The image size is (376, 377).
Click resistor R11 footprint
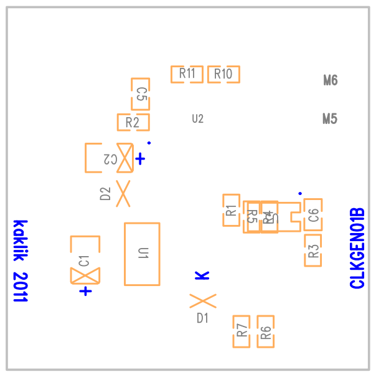click(187, 74)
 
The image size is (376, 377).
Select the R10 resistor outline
click(223, 75)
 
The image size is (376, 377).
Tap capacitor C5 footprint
click(140, 94)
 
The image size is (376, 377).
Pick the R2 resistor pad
click(133, 122)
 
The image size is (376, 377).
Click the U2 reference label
click(197, 118)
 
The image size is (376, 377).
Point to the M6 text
click(331, 80)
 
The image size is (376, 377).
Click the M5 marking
click(330, 118)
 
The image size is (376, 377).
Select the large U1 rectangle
click(142, 254)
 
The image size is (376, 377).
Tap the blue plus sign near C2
click(141, 159)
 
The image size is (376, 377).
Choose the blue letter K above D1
click(202, 275)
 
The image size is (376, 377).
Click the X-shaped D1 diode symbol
click(202, 301)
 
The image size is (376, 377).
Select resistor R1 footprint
click(231, 210)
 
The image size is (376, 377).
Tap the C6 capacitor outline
click(313, 215)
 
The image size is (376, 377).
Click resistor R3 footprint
click(313, 251)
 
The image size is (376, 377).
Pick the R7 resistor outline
click(242, 332)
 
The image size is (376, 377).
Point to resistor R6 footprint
click(266, 332)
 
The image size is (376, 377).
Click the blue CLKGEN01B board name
click(357, 249)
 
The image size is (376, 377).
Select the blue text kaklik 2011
click(21, 261)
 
